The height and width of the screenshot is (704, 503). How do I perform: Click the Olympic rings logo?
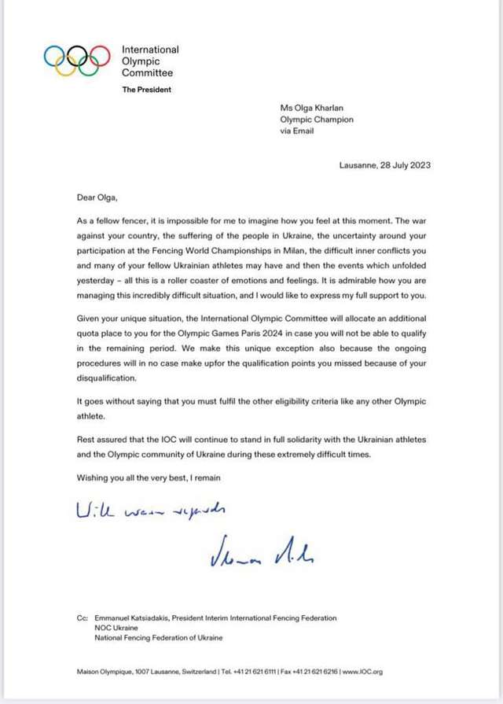click(76, 60)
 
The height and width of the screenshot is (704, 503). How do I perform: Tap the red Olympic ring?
click(99, 56)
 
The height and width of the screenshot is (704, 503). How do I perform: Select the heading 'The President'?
click(146, 90)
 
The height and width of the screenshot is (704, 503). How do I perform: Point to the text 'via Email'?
click(297, 131)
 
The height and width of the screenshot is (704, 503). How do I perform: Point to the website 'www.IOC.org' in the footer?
click(365, 672)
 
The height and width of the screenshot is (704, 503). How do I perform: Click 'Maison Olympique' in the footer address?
click(104, 672)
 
